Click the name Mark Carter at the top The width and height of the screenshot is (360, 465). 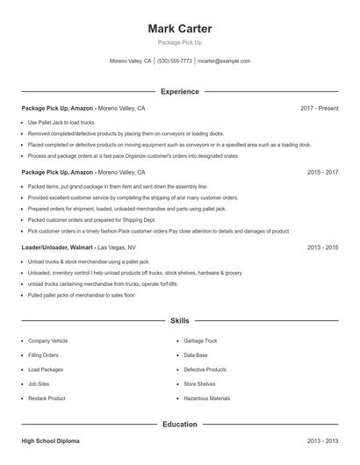coord(180,29)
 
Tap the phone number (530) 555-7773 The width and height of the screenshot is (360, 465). coord(175,61)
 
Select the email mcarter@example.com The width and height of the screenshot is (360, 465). coord(224,61)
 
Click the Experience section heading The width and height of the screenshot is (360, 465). coord(180,91)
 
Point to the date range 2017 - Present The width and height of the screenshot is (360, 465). coord(319,108)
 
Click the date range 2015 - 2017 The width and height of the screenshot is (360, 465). coord(322,173)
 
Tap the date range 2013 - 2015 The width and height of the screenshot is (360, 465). coord(322,247)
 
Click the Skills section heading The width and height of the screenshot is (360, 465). coord(180,321)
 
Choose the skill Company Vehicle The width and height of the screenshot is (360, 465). coord(47,340)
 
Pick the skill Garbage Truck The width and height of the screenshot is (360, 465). coord(201,340)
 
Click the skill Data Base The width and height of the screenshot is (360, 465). coord(196,355)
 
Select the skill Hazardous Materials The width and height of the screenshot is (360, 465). coord(207,398)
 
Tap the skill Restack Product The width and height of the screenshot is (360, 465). coord(47,398)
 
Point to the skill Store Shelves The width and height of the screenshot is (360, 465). coord(201,383)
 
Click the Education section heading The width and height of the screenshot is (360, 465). coord(180,424)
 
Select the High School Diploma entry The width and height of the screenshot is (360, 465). coord(51,440)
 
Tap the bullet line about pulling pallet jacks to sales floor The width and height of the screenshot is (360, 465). coord(82,295)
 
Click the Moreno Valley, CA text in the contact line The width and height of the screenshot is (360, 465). coord(130,61)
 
